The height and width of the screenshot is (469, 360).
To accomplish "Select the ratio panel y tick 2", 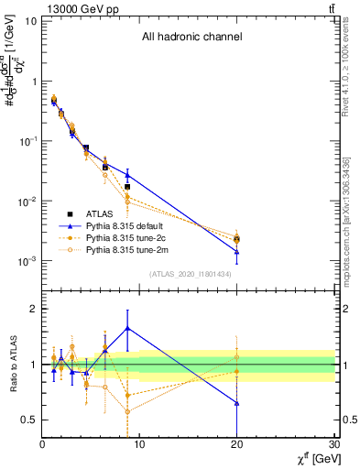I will point(32,309).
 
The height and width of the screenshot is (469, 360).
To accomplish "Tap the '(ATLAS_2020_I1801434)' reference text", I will point(190,274).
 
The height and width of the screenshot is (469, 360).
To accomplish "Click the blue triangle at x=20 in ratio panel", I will point(237,403).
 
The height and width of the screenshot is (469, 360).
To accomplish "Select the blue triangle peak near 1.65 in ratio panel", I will point(127,328).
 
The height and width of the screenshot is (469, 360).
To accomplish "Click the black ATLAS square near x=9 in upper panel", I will point(127,187).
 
